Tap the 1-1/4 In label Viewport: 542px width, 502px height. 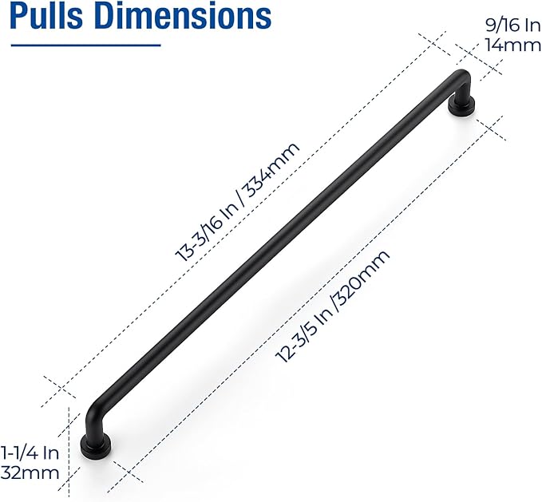tap(30, 453)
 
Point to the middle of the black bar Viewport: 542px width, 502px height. tap(275, 248)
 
